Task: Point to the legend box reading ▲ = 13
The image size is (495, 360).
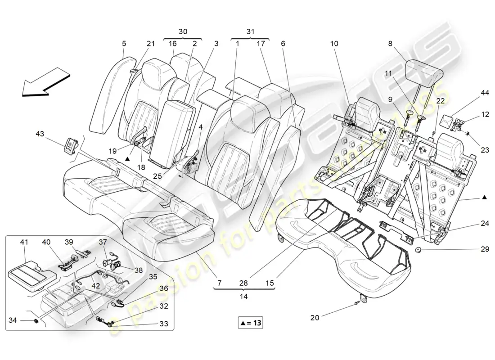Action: tap(251, 323)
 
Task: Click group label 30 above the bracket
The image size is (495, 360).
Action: tap(183, 32)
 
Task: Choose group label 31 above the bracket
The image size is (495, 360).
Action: tap(250, 32)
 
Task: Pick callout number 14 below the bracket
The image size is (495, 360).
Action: tap(243, 297)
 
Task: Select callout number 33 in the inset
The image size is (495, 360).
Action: tap(164, 323)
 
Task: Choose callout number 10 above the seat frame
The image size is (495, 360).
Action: tap(333, 44)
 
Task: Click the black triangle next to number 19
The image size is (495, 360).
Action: tap(128, 158)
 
